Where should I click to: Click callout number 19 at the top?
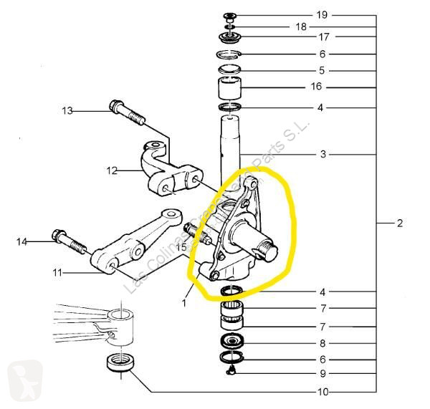pyautogui.click(x=322, y=14)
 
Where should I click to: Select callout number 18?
pyautogui.click(x=301, y=26)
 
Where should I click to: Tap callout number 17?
pyautogui.click(x=322, y=37)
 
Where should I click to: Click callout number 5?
pyautogui.click(x=322, y=70)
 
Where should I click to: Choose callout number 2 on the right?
pyautogui.click(x=399, y=223)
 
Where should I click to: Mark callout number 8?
pyautogui.click(x=323, y=343)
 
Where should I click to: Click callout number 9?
pyautogui.click(x=323, y=373)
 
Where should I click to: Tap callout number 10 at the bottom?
pyautogui.click(x=322, y=392)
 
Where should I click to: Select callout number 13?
pyautogui.click(x=67, y=111)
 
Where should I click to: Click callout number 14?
pyautogui.click(x=21, y=242)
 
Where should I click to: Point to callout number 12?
pyautogui.click(x=112, y=171)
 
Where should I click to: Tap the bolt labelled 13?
pyautogui.click(x=125, y=115)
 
